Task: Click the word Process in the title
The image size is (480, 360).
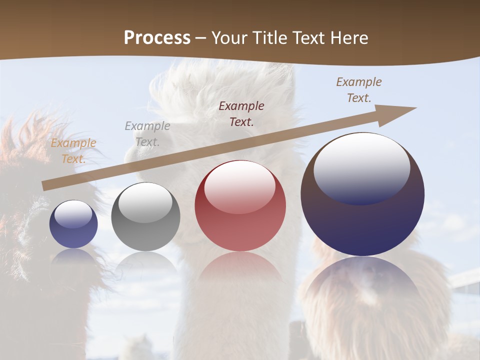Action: point(157,37)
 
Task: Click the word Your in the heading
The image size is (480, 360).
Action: point(229,38)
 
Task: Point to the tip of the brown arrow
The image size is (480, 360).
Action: point(414,108)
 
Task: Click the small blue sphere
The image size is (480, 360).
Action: point(73,224)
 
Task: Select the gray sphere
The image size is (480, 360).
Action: point(145,217)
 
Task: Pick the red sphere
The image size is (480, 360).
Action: point(240,205)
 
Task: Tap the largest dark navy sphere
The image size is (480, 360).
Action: point(362,194)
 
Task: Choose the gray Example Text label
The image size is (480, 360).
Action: point(147,133)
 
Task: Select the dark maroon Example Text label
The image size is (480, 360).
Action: point(241,113)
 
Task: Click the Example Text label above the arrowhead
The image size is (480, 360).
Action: point(358,90)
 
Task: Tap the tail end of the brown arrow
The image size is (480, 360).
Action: point(45,185)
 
